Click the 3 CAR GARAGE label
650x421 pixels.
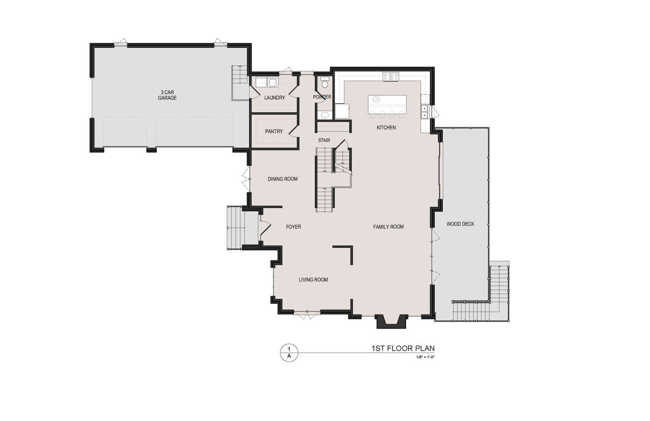click(167, 95)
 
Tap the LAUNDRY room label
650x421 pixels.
click(275, 98)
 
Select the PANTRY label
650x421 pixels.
click(274, 131)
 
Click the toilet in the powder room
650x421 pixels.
click(324, 83)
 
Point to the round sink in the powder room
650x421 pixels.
click(323, 115)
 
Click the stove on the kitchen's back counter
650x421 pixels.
click(391, 76)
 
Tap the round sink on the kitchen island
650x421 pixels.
click(376, 99)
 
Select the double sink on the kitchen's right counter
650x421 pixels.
click(425, 111)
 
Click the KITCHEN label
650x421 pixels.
click(386, 127)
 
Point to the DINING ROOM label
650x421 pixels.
click(282, 179)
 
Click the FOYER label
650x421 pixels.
click(293, 226)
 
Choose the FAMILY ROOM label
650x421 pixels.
click(388, 226)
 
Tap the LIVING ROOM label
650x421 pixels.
click(313, 279)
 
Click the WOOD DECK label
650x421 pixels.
click(460, 224)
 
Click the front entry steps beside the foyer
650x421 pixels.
click(235, 228)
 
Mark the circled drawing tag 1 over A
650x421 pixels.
click(289, 352)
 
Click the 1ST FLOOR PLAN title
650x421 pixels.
click(403, 348)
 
